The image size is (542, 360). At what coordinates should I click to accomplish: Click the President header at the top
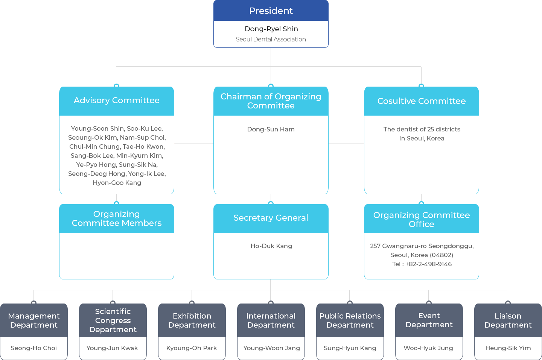[271, 11]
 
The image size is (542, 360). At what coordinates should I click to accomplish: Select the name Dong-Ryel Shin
[271, 29]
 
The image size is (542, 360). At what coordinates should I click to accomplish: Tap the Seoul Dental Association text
[271, 39]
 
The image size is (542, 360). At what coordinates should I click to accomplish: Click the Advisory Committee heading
[116, 101]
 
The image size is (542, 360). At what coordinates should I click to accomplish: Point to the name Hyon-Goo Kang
[117, 183]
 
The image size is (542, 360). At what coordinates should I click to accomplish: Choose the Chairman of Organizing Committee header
[271, 101]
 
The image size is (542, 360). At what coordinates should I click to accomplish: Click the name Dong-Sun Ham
[271, 129]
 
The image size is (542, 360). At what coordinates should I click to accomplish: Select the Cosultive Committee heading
[421, 101]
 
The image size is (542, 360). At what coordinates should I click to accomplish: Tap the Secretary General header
[271, 218]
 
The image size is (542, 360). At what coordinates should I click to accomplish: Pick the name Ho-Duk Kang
[271, 246]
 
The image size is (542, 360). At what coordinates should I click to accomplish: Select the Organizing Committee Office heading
[421, 220]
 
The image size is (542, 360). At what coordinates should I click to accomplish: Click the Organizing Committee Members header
[116, 218]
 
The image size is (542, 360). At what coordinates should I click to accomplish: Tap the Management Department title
[34, 320]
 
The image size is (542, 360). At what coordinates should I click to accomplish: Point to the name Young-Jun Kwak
[112, 348]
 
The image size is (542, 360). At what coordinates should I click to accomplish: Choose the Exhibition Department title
[192, 320]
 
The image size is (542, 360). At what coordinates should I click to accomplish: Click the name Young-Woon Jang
[271, 348]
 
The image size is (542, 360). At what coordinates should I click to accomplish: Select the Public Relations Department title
[350, 320]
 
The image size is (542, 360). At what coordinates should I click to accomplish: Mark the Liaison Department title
[508, 320]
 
